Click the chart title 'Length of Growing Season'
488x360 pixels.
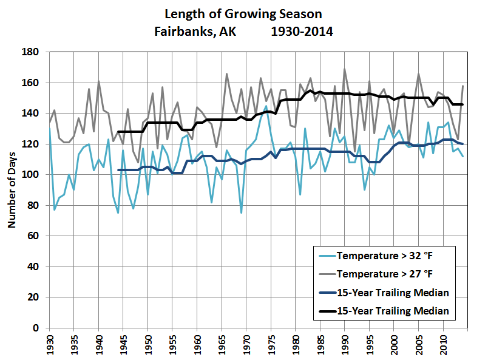(x=243, y=15)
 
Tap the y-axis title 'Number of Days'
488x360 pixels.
(x=12, y=191)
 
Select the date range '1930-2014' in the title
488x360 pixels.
(x=302, y=30)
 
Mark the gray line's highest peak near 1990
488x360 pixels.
(x=345, y=69)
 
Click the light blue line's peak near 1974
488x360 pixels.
(x=266, y=106)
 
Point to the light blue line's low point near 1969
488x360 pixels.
(x=241, y=212)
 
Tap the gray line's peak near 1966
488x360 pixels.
(x=226, y=74)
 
